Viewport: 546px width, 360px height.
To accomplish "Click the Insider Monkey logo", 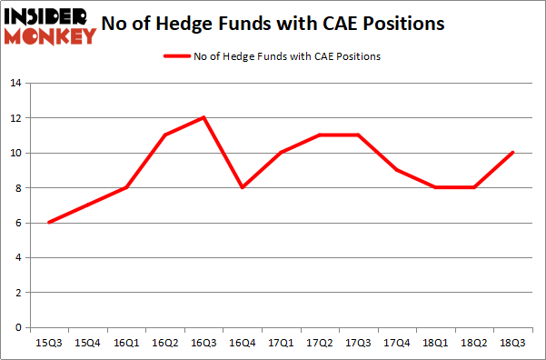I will click(51, 25).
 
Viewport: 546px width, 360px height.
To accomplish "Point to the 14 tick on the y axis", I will click(15, 84).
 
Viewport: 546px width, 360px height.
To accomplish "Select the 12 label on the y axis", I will click(15, 118).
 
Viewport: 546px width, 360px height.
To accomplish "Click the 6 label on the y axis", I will click(17, 223).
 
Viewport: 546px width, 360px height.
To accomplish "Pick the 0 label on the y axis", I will click(17, 327).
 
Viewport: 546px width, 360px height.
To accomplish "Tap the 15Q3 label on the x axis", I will click(48, 344).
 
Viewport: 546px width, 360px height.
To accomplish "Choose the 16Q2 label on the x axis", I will click(164, 344).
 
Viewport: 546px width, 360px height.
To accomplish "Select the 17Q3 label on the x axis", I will click(358, 344).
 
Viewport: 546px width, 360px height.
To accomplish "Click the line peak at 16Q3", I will click(204, 117).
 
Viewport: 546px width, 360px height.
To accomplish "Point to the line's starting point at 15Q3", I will click(48, 223).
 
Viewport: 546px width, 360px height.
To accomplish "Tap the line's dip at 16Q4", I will click(243, 187).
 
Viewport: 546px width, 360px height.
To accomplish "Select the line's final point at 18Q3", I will click(513, 153).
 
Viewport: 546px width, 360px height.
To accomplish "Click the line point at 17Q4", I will click(397, 170).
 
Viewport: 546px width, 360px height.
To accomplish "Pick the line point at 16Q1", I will click(125, 187).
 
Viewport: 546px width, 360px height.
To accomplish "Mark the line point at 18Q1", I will click(436, 187).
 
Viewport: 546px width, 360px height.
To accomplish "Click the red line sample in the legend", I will click(175, 56).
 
